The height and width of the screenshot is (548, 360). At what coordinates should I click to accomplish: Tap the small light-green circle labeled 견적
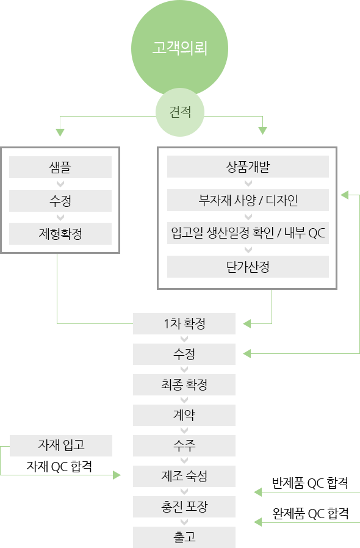[x=179, y=112]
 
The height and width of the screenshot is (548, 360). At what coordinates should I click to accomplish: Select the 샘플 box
[x=60, y=167]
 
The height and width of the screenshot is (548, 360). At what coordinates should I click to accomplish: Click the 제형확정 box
[x=60, y=234]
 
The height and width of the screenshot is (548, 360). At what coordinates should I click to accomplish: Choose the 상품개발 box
[x=248, y=167]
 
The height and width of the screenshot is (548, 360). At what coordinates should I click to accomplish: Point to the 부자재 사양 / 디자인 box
[x=248, y=200]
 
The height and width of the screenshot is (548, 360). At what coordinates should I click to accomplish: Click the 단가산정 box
[x=248, y=267]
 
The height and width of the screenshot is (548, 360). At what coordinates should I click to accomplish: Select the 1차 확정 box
[x=184, y=323]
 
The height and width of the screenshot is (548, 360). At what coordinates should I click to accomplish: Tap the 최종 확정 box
[x=184, y=385]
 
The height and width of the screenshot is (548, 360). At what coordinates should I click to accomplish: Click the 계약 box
[x=184, y=415]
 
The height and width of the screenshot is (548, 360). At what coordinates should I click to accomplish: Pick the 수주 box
[x=184, y=445]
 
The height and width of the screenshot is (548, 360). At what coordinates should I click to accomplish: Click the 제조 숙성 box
[x=184, y=476]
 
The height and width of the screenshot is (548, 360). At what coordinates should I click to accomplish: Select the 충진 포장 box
[x=184, y=507]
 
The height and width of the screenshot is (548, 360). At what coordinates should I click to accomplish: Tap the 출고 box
[x=184, y=537]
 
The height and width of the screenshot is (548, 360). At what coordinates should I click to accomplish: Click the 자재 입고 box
[x=61, y=445]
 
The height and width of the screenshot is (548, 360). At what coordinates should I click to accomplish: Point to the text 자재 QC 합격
[x=59, y=466]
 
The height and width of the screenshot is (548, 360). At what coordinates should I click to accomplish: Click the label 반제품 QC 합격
[x=310, y=483]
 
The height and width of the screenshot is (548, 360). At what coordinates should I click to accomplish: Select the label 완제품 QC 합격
[x=311, y=513]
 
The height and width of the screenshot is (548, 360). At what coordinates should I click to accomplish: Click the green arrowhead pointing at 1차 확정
[x=247, y=323]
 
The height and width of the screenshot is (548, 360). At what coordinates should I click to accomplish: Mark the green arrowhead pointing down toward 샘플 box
[x=60, y=132]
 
